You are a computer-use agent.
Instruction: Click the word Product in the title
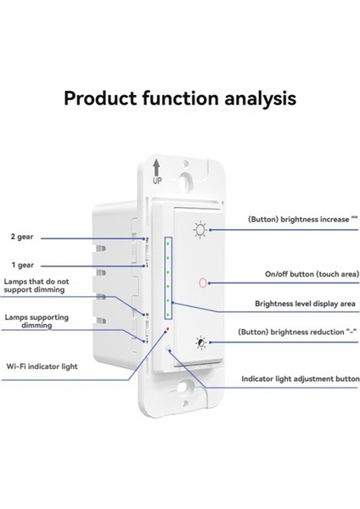pyautogui.click(x=104, y=98)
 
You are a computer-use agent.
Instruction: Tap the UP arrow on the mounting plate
pyautogui.click(x=157, y=166)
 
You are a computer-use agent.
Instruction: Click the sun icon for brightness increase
pyautogui.click(x=200, y=228)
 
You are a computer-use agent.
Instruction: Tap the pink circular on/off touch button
pyautogui.click(x=201, y=282)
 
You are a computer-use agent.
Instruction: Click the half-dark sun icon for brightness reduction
pyautogui.click(x=200, y=343)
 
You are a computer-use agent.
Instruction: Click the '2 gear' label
pyautogui.click(x=22, y=238)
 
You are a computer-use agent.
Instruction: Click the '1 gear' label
pyautogui.click(x=22, y=264)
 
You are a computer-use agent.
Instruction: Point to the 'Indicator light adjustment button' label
pyautogui.click(x=300, y=379)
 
